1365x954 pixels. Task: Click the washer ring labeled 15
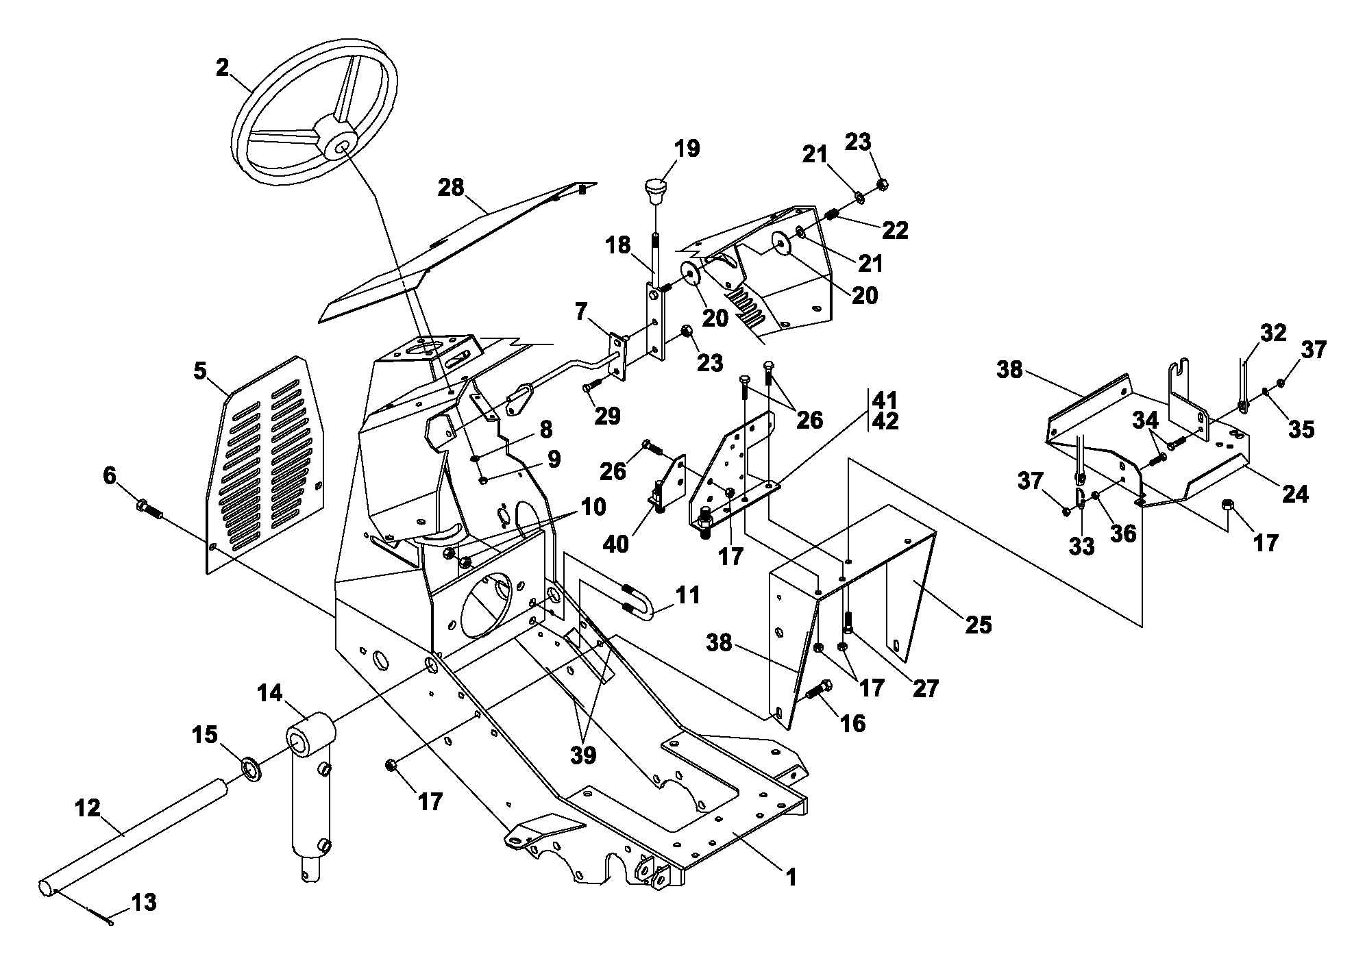tap(251, 769)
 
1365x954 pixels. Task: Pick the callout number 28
tap(451, 188)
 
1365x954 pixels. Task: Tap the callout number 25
tap(978, 625)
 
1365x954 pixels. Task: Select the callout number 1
tap(791, 877)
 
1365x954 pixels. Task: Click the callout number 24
tap(1294, 493)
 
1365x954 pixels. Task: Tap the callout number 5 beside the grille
tap(199, 371)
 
